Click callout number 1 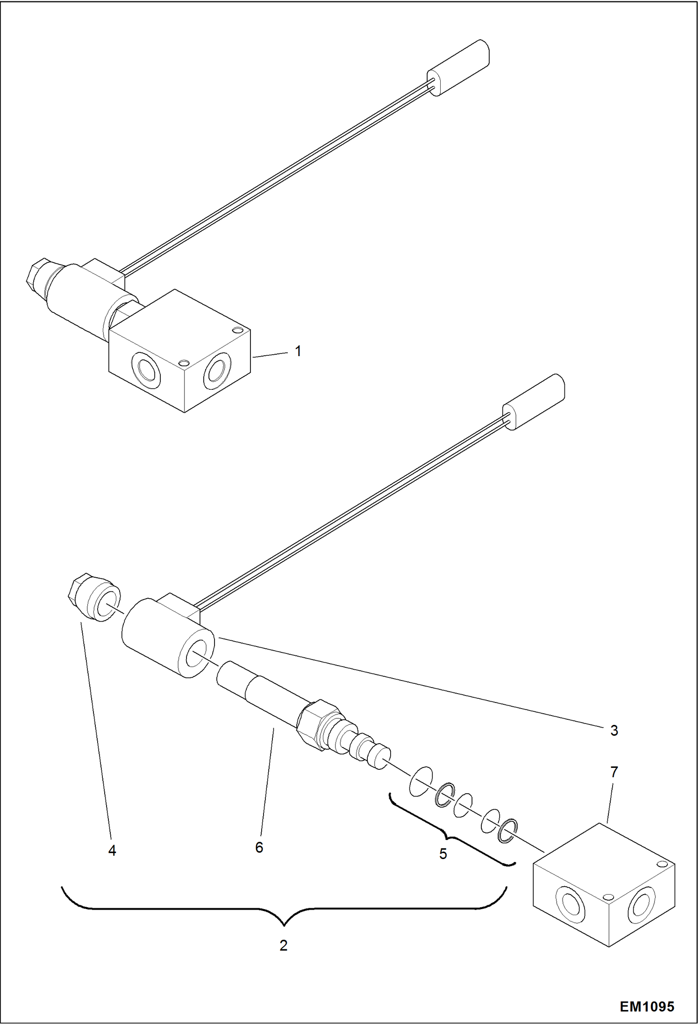(298, 351)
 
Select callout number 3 (614, 731)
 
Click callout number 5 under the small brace (443, 854)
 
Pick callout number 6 (259, 847)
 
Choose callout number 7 (614, 772)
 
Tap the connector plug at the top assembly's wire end (458, 68)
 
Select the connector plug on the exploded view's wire (534, 402)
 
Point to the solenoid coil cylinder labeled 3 (159, 636)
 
